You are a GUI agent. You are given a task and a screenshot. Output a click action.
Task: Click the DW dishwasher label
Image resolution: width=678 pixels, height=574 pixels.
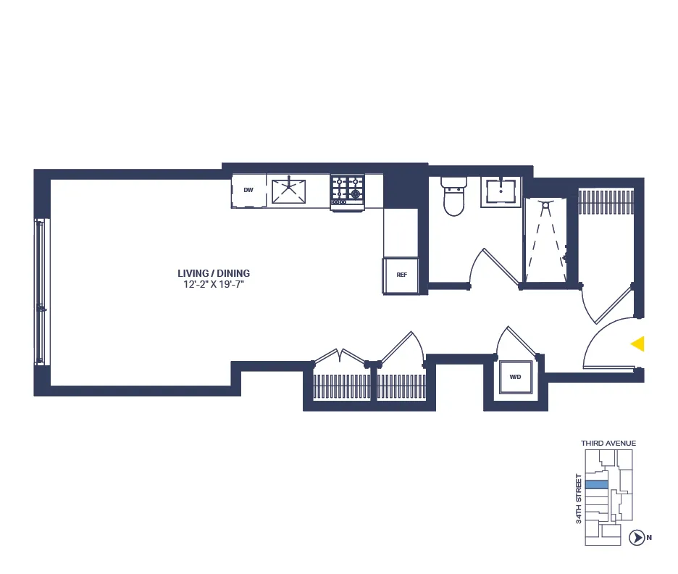tap(248, 191)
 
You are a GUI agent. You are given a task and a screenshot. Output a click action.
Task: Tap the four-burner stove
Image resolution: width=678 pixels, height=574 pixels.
tap(347, 190)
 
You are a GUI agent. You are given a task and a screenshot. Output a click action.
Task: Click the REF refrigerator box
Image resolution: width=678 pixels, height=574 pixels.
tap(401, 275)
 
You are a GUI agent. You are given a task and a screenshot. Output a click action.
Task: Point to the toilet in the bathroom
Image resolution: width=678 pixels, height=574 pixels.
tap(453, 197)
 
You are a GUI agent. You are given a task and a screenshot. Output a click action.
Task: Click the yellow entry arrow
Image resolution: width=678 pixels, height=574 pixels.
tap(637, 344)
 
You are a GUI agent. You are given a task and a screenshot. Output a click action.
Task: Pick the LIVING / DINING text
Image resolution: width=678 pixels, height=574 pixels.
tap(214, 273)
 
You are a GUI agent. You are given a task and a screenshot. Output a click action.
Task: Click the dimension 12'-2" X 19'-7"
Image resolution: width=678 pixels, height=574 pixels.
tap(214, 285)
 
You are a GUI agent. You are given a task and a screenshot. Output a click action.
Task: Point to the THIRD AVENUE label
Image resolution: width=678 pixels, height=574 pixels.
tap(608, 443)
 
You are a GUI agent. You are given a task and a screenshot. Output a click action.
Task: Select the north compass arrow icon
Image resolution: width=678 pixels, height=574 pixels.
tap(637, 537)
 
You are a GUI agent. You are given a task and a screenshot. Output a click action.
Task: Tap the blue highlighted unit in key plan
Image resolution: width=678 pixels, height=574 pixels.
tap(596, 484)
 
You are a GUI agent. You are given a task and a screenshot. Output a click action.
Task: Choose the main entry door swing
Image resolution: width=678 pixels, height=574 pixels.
tap(605, 341)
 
